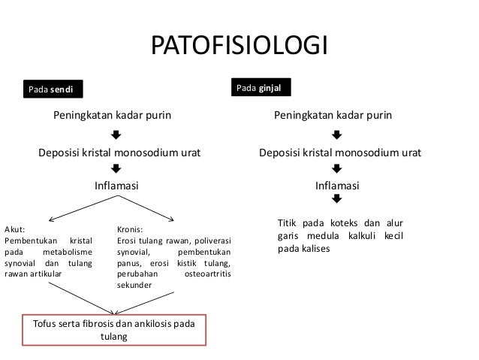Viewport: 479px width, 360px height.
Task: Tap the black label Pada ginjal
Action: [x=259, y=89]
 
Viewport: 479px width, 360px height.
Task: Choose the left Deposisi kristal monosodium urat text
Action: [x=116, y=153]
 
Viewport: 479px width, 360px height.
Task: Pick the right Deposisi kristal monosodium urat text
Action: [x=339, y=153]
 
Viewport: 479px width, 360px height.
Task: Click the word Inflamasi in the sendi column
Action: [x=116, y=185]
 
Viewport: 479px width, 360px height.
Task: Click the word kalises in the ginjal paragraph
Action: [x=315, y=248]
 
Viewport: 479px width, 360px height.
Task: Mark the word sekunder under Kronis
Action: [x=134, y=286]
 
